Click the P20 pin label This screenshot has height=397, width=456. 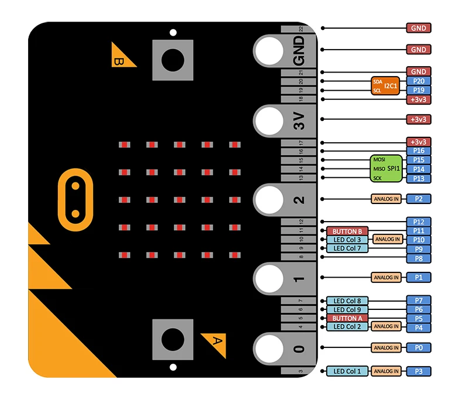click(x=419, y=81)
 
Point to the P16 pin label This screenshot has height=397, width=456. click(x=419, y=151)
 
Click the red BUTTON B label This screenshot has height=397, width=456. click(x=347, y=231)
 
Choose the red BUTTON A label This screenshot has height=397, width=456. click(x=347, y=318)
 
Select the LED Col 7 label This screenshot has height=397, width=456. click(x=347, y=248)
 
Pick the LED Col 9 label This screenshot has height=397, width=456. click(x=347, y=309)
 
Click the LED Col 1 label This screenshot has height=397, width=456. click(x=347, y=371)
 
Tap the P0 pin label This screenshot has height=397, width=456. click(x=419, y=347)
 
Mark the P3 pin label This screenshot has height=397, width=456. click(x=419, y=371)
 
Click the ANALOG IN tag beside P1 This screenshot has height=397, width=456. click(x=386, y=277)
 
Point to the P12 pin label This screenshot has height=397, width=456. click(x=419, y=222)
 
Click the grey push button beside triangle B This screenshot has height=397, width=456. click(x=172, y=59)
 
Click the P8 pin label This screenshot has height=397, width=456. click(x=419, y=258)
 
